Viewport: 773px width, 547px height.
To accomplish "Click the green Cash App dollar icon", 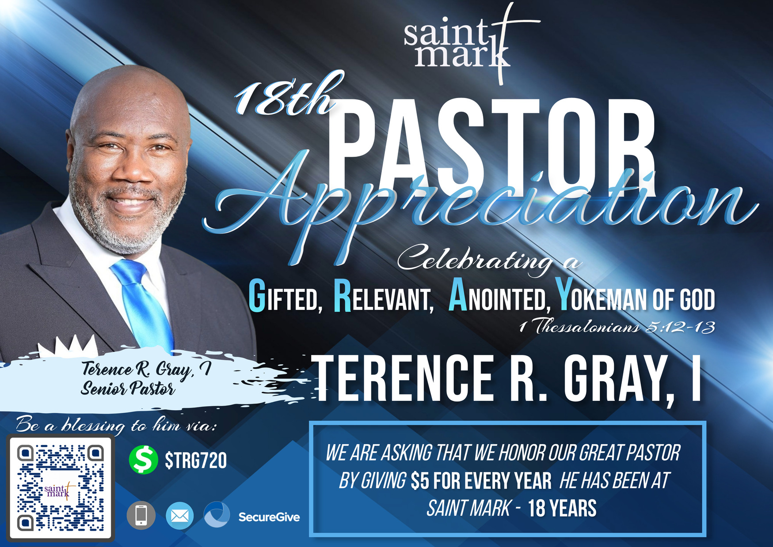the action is pyautogui.click(x=143, y=460).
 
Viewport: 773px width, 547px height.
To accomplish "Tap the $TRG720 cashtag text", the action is pyautogui.click(x=196, y=460).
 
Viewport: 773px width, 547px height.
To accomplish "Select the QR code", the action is pyautogui.click(x=61, y=488).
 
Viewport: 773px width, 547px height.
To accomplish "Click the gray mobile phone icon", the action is pyautogui.click(x=141, y=515).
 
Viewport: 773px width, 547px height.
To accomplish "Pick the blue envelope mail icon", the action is pyautogui.click(x=179, y=516).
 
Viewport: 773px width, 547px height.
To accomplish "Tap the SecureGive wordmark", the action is pyautogui.click(x=269, y=517).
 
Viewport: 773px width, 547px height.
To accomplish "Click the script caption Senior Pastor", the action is pyautogui.click(x=128, y=389).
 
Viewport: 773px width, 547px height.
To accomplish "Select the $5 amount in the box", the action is pyautogui.click(x=420, y=481).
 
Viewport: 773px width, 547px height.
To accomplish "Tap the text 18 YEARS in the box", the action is pyautogui.click(x=562, y=508).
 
